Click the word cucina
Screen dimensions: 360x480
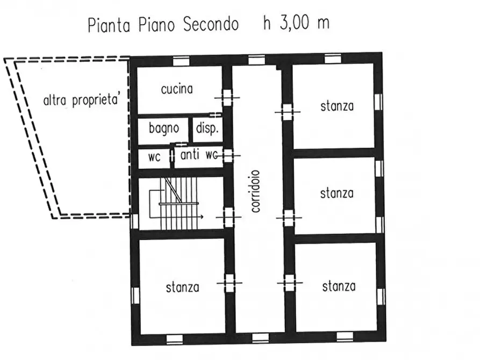176,89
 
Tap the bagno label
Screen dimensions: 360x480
163,128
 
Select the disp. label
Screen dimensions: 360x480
206,128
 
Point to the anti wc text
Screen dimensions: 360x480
199,155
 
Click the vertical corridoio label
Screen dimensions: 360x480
256,191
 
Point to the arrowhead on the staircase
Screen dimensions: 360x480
202,217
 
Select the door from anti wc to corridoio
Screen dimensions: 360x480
228,156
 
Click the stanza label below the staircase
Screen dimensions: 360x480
182,287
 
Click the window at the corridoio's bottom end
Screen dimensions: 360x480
260,338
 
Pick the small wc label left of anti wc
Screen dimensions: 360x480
154,158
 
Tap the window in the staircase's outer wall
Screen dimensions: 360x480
134,221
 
